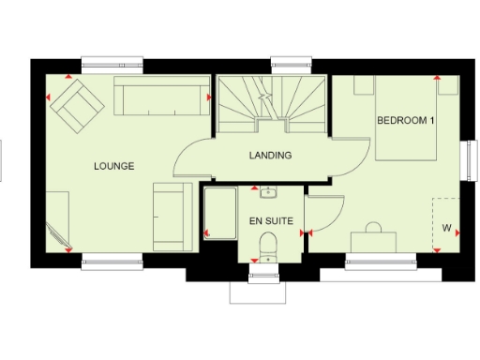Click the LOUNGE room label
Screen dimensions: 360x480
pos(114,166)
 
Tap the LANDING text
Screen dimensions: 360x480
pos(269,155)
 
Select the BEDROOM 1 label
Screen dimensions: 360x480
pos(406,121)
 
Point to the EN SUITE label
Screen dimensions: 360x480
pos(270,221)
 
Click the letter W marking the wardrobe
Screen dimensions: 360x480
pos(446,227)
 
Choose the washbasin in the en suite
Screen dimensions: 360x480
pos(269,195)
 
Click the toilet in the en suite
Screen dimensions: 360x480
pos(269,246)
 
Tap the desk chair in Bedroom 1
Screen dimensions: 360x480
pos(372,228)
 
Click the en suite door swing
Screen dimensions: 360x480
pos(322,213)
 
